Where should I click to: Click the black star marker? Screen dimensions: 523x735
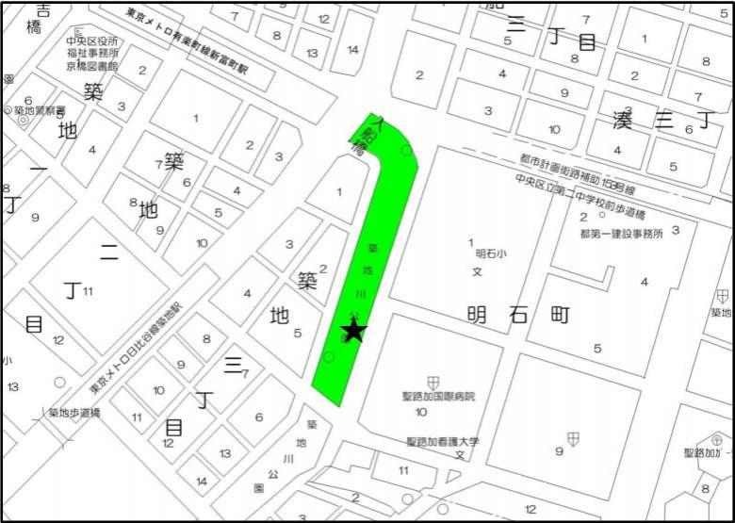pos(354,331)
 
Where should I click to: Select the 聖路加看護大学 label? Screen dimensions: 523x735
pos(443,441)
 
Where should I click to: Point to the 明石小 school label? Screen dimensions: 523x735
pos(492,253)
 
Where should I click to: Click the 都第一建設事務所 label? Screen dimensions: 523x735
pos(622,232)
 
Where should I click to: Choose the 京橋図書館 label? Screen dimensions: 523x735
pos(92,66)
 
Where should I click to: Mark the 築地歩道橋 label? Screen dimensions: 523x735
pos(73,412)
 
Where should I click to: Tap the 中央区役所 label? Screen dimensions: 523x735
pos(91,41)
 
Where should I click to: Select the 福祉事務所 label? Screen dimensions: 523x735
pos(91,54)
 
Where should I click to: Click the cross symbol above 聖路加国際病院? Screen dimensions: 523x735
pos(433,382)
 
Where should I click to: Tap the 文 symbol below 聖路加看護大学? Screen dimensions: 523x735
pos(460,455)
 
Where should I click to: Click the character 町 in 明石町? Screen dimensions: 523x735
pos(559,316)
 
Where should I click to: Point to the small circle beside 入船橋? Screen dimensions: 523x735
pos(406,151)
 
